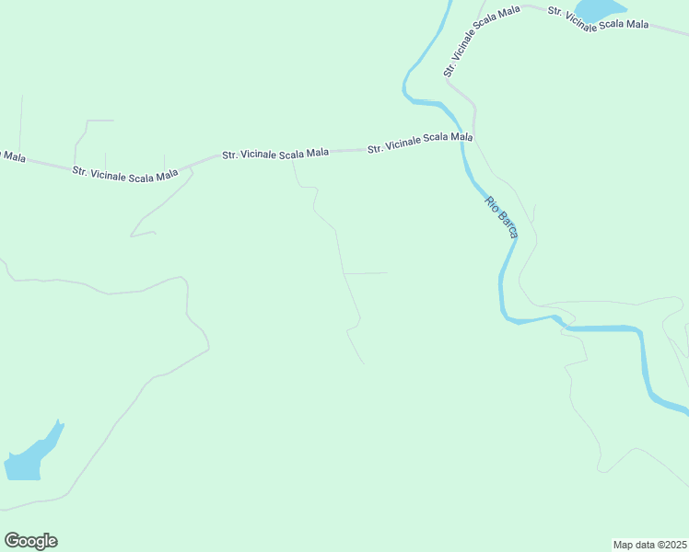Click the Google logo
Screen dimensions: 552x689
pos(30,541)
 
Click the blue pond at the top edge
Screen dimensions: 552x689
pos(599,9)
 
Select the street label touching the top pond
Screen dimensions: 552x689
pos(599,18)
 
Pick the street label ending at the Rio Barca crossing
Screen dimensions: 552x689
pos(420,142)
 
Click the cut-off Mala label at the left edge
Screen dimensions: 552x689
pos(11,155)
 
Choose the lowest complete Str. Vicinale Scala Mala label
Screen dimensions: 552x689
pos(125,173)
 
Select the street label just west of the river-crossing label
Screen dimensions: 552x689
pos(275,153)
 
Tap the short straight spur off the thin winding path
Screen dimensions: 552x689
pos(365,273)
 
